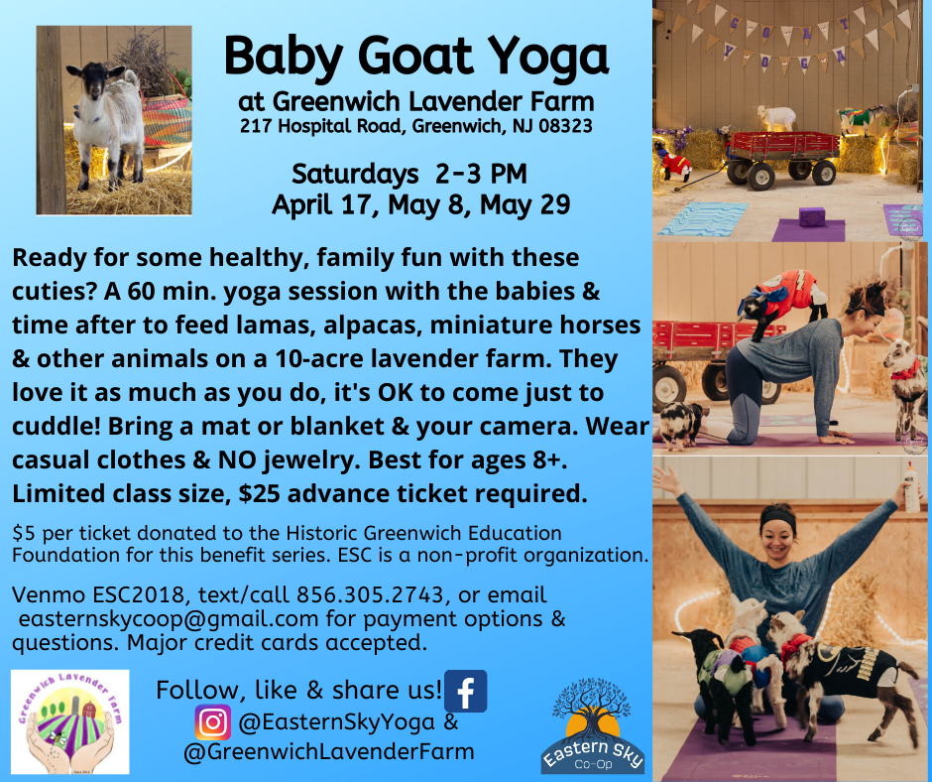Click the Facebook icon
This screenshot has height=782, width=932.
tap(465, 691)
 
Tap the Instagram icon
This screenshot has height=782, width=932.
tap(213, 722)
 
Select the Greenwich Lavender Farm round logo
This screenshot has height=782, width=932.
tap(70, 721)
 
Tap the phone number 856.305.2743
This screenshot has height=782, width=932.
tap(370, 594)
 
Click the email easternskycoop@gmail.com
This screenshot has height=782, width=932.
tap(169, 619)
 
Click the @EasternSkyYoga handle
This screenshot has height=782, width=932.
tap(336, 722)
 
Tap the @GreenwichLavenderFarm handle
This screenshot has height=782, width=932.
tap(329, 751)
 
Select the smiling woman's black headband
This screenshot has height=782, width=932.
tap(778, 517)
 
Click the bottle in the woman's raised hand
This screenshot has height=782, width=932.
tap(910, 488)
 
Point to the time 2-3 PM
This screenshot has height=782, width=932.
tap(480, 175)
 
